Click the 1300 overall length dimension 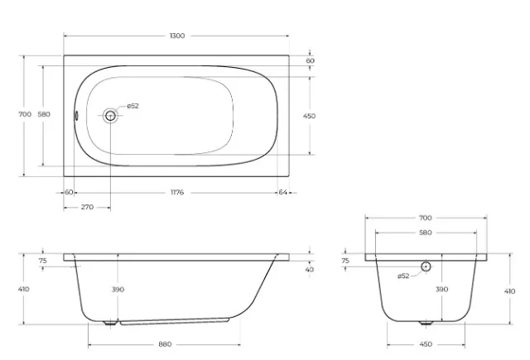point(177,36)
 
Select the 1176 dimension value point(177,193)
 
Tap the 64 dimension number point(283,192)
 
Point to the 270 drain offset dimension point(87,207)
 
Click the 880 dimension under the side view point(165,344)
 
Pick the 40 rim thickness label point(309,270)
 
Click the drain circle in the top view point(110,116)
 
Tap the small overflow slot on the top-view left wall point(76,116)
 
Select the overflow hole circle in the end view point(426,266)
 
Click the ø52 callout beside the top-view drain point(132,106)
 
